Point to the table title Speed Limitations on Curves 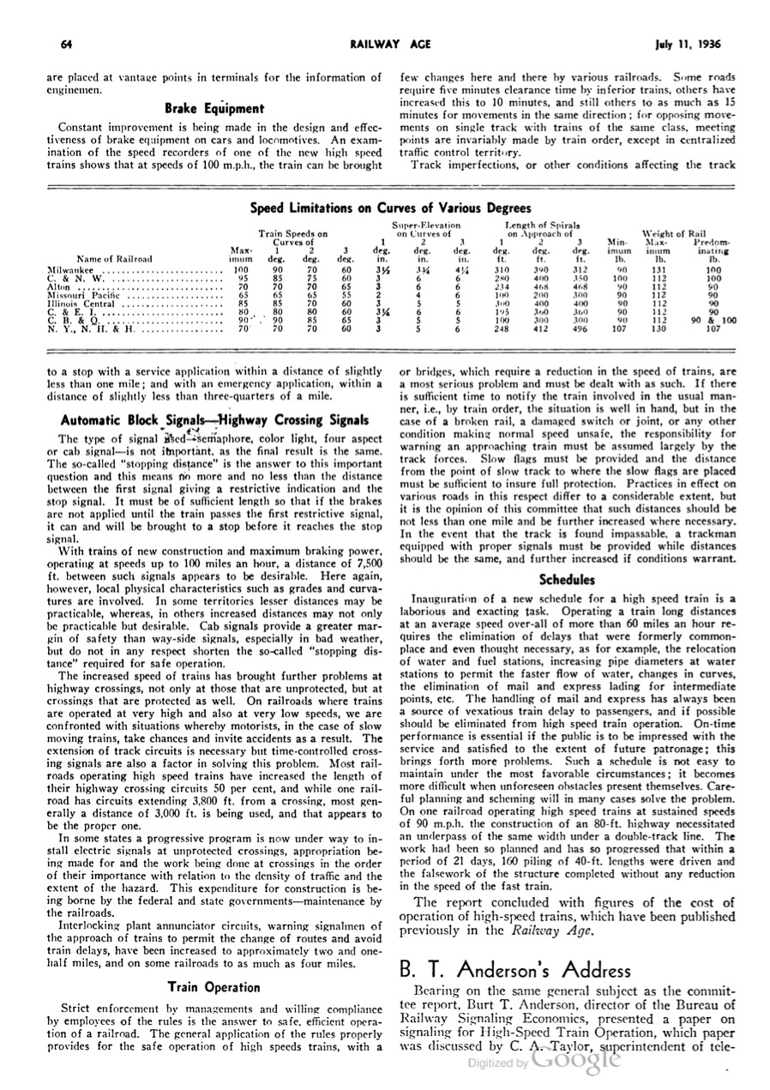(x=390, y=208)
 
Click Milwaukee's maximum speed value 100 (x=240, y=269)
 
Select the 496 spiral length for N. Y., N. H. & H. (x=580, y=328)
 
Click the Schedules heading (x=567, y=580)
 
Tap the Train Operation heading (x=214, y=987)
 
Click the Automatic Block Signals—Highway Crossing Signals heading (x=214, y=420)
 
